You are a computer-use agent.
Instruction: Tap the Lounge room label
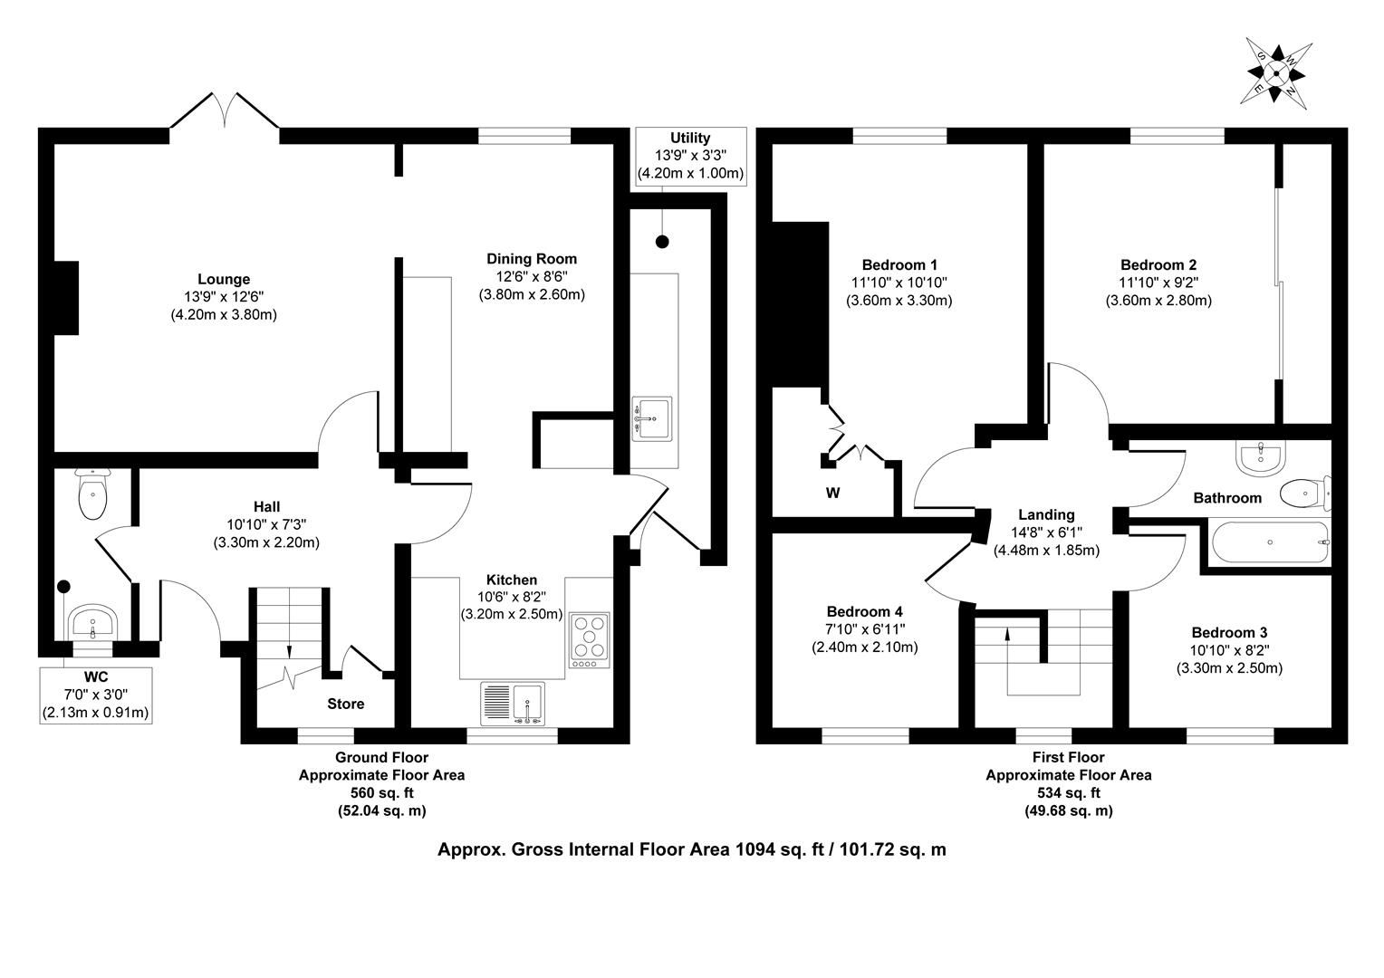pyautogui.click(x=224, y=279)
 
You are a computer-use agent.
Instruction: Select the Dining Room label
pyautogui.click(x=532, y=259)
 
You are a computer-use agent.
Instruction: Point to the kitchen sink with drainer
pyautogui.click(x=513, y=704)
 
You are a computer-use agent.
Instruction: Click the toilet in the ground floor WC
pyautogui.click(x=92, y=494)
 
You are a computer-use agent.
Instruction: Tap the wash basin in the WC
pyautogui.click(x=92, y=623)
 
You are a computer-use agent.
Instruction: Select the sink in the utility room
pyautogui.click(x=652, y=419)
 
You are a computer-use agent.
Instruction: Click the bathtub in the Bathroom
pyautogui.click(x=1270, y=542)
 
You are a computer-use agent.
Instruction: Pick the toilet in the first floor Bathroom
pyautogui.click(x=1305, y=494)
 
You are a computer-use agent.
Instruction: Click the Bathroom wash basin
pyautogui.click(x=1261, y=458)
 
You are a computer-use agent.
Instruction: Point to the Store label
pyautogui.click(x=345, y=704)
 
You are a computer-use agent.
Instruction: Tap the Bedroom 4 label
pyautogui.click(x=864, y=611)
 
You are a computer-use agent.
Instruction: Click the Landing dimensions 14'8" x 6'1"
pyautogui.click(x=1046, y=532)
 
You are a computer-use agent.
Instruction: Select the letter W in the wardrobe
pyautogui.click(x=833, y=493)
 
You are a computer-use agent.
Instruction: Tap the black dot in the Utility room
pyautogui.click(x=662, y=242)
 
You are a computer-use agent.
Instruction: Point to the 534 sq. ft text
pyautogui.click(x=1068, y=792)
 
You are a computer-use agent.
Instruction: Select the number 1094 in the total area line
pyautogui.click(x=754, y=849)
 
